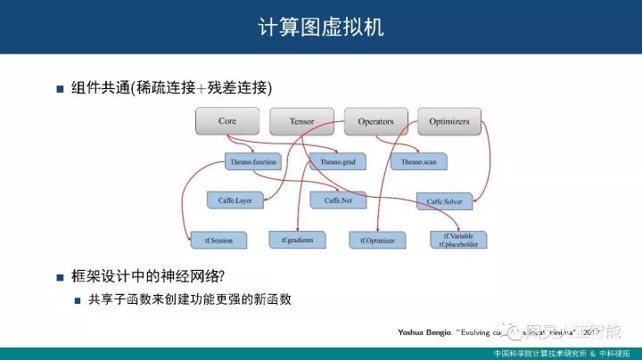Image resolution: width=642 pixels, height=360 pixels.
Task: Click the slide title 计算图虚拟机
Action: pos(320,27)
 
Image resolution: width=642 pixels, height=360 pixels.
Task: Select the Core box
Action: pos(226,120)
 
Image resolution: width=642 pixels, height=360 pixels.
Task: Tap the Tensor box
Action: pos(302,120)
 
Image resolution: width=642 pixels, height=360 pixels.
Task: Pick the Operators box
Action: pos(375,120)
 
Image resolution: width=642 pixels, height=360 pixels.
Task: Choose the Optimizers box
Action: pos(449,120)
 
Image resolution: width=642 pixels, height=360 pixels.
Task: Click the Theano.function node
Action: pos(253,161)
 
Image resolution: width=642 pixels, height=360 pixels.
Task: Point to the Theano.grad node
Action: pos(337,161)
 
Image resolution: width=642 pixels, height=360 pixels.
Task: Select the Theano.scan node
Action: pos(418,161)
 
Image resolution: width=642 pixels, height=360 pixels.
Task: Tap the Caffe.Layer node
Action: pos(235,200)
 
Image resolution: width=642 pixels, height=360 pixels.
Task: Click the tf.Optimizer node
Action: pos(378,240)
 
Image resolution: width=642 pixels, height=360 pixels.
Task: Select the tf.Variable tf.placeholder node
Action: pos(458,240)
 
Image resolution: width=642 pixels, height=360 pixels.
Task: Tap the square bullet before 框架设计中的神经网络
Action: pos(61,276)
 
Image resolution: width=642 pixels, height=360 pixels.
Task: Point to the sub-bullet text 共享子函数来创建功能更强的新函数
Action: pos(190,299)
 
